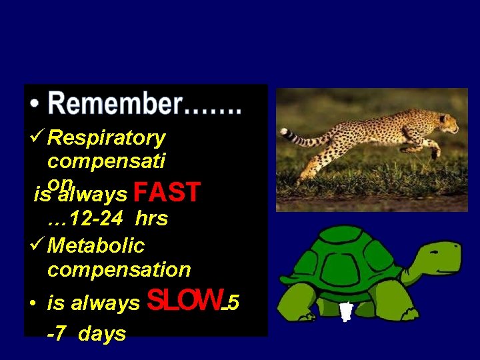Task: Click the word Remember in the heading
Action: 114,105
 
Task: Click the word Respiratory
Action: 107,138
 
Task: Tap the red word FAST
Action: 167,193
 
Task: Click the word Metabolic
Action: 96,245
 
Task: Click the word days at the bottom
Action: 102,333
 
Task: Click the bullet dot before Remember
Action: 35,107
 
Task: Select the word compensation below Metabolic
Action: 119,270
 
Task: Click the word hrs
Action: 151,218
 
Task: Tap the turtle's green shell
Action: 347,257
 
